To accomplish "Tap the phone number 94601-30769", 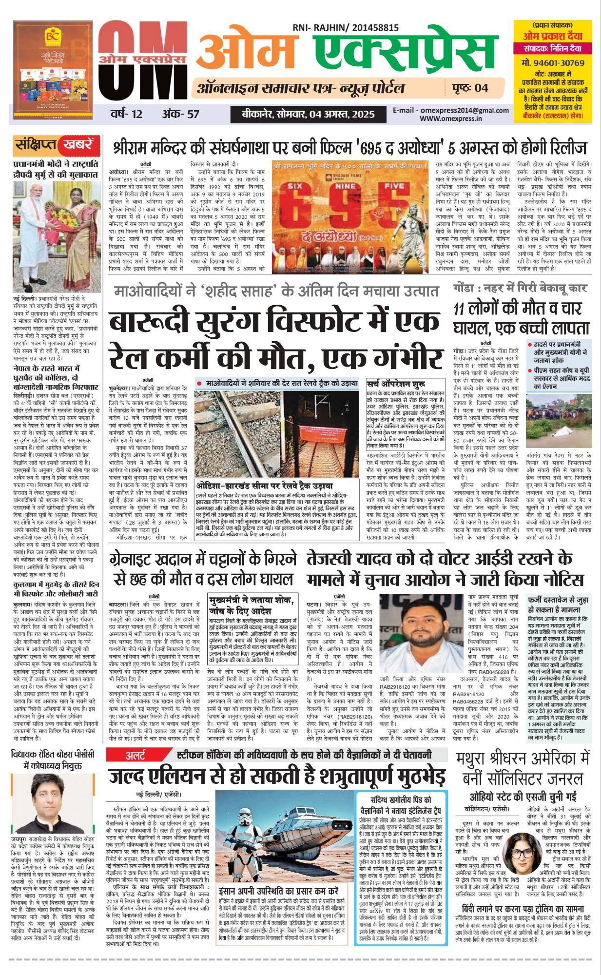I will pyautogui.click(x=552, y=62).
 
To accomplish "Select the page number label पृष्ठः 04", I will pyautogui.click(x=467, y=88).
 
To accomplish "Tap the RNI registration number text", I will pyautogui.click(x=346, y=28).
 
